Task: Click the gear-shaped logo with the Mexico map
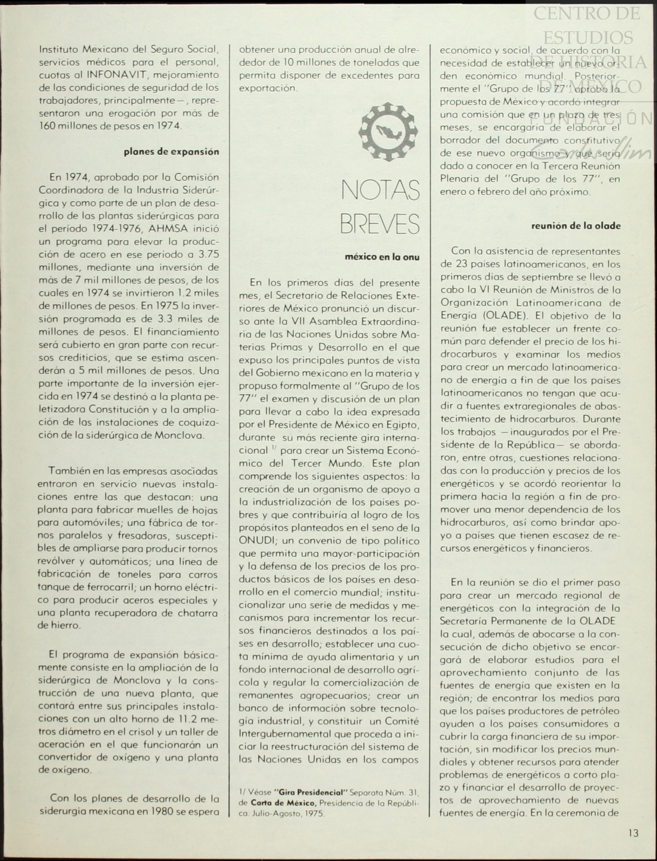(x=387, y=132)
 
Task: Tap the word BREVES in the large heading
(x=379, y=224)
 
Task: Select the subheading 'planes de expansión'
(x=171, y=152)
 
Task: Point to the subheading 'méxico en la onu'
(x=382, y=257)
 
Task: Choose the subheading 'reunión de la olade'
(x=576, y=226)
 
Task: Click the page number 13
(x=633, y=833)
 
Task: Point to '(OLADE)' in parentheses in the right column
(x=503, y=316)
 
